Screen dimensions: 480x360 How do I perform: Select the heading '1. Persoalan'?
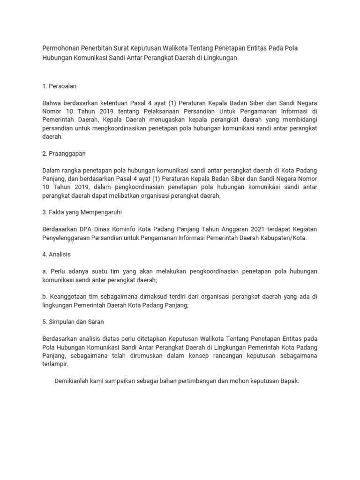pos(60,86)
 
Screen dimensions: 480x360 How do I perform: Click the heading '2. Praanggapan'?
pos(64,153)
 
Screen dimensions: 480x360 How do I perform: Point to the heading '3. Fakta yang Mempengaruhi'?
pos(82,212)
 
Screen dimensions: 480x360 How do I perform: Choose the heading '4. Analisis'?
pos(56,254)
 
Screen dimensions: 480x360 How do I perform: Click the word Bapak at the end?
pos(288,381)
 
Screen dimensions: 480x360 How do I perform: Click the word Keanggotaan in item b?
pos(68,296)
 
